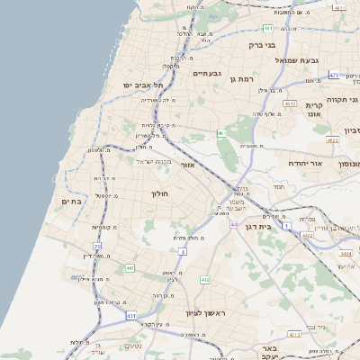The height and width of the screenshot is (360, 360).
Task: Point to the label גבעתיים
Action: (208, 72)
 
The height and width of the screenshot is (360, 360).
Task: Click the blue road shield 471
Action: (334, 75)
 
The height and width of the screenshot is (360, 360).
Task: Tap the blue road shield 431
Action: (131, 316)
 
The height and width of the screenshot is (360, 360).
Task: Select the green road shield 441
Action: (130, 267)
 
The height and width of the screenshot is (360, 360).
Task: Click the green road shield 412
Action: (205, 280)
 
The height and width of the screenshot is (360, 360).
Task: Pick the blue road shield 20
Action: (96, 246)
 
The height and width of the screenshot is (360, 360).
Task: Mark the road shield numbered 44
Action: (234, 225)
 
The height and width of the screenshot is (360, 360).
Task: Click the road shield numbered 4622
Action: (332, 140)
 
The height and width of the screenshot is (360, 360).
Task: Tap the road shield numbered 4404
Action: (346, 254)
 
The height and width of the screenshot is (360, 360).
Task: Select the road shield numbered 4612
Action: (290, 103)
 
